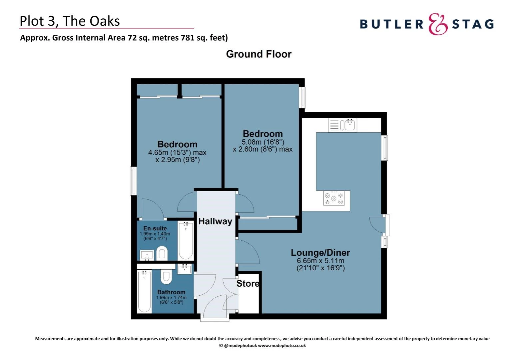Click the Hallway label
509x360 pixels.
pyautogui.click(x=215, y=221)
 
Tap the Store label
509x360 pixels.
pyautogui.click(x=248, y=283)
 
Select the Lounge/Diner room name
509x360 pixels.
pyautogui.click(x=320, y=253)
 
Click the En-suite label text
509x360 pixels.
pyautogui.click(x=155, y=228)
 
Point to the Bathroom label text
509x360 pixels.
pyautogui.click(x=171, y=292)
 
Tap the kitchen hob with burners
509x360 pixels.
pyautogui.click(x=334, y=198)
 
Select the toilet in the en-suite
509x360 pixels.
pyautogui.click(x=162, y=253)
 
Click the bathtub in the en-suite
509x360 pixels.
pyautogui.click(x=186, y=241)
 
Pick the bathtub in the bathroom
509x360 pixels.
pyautogui.click(x=144, y=292)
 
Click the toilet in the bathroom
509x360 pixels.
pyautogui.click(x=166, y=276)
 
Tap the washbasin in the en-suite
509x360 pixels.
pyautogui.click(x=147, y=256)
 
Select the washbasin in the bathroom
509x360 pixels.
pyautogui.click(x=185, y=269)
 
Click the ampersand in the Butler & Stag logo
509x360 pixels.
pyautogui.click(x=437, y=24)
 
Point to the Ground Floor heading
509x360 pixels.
pyautogui.click(x=258, y=54)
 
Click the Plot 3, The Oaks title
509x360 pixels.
pyautogui.click(x=70, y=21)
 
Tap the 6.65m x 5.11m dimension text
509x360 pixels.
pyautogui.click(x=320, y=261)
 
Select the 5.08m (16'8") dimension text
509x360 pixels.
pyautogui.click(x=263, y=142)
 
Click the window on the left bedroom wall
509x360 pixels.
pyautogui.click(x=133, y=181)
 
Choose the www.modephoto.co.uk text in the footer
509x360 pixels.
pyautogui.click(x=282, y=346)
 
